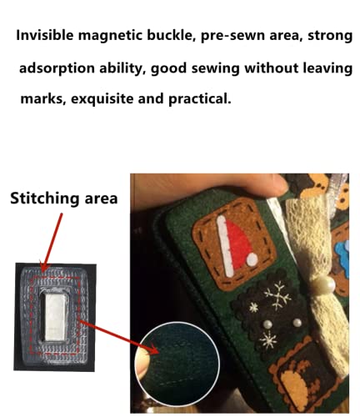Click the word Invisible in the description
(x=45, y=35)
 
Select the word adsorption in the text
(x=57, y=68)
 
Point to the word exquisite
(x=102, y=98)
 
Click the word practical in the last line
(x=199, y=98)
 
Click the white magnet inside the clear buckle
(x=55, y=318)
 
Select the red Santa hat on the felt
(x=238, y=244)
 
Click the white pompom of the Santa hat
(x=252, y=259)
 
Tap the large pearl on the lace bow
(x=324, y=284)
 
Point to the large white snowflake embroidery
(x=277, y=295)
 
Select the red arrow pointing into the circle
(x=119, y=337)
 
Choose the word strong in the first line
(x=330, y=36)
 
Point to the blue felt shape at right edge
(x=342, y=252)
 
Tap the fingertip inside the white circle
(x=142, y=361)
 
